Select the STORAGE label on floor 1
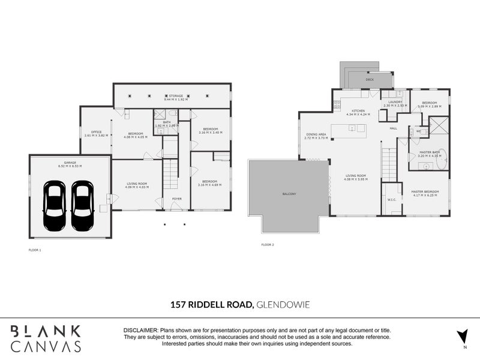175,96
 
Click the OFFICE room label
96,132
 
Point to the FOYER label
177,199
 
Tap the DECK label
370,79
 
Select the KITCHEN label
358,111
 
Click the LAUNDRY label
395,102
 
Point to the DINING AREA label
316,134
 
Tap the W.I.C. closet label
392,200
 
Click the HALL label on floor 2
394,128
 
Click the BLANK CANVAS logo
46,338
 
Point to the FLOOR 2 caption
267,245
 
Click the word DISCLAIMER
140,331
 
